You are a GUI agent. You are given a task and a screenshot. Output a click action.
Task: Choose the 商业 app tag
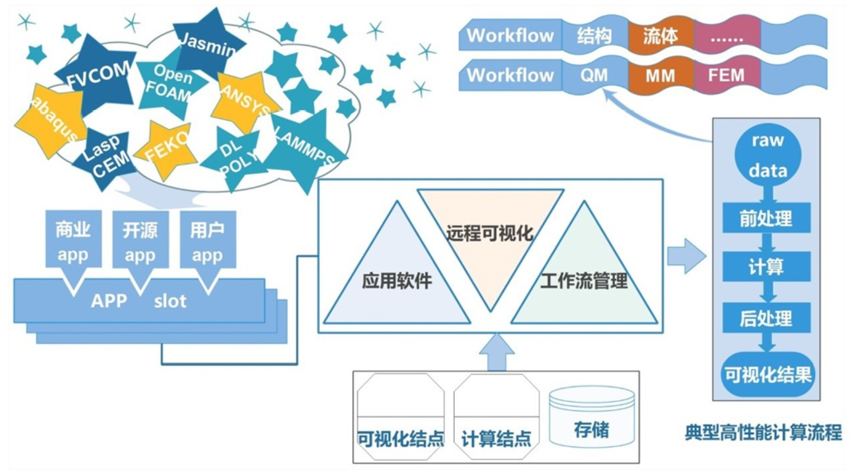pos(73,241)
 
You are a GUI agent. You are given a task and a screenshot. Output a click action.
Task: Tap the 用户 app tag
pos(207,241)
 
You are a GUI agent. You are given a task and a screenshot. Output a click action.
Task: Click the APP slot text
pos(139,301)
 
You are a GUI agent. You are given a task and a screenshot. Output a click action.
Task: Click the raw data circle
pos(767,155)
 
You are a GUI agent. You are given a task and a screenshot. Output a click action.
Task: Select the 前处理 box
pos(766,218)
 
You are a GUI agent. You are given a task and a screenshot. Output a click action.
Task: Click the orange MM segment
pos(660,75)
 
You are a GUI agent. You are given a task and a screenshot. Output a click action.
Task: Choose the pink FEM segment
pos(727,75)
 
